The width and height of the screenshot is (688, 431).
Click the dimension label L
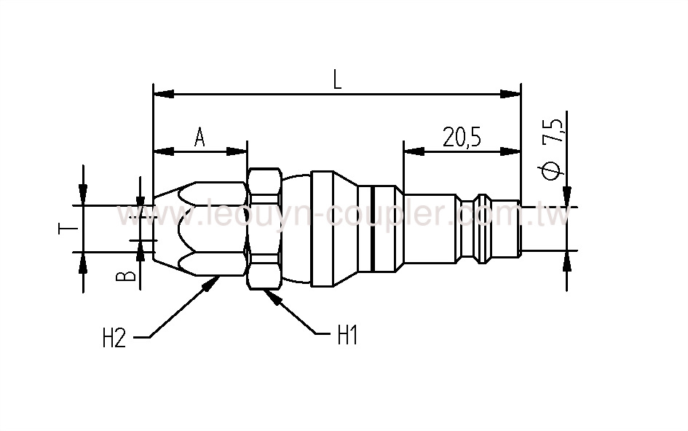click(337, 79)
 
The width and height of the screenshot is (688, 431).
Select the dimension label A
click(199, 138)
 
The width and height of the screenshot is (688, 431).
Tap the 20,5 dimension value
click(462, 137)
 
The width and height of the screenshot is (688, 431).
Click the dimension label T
click(64, 229)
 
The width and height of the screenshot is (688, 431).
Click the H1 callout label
click(347, 336)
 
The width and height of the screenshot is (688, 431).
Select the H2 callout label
click(114, 338)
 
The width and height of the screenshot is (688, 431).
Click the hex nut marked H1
click(265, 229)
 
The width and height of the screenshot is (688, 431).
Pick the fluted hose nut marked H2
click(200, 229)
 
